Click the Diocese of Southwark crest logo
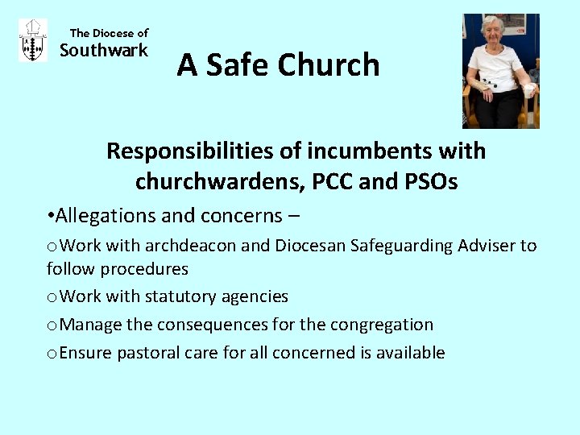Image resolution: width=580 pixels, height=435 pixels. click(32, 41)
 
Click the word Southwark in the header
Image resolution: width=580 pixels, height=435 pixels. click(104, 51)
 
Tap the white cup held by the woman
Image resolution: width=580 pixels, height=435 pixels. click(528, 89)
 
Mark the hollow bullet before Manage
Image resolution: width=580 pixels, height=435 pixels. click(52, 325)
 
